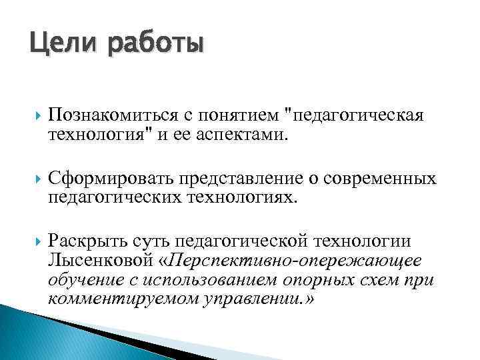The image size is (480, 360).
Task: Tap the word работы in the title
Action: click(153, 47)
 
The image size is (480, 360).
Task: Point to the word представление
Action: click(243, 179)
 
